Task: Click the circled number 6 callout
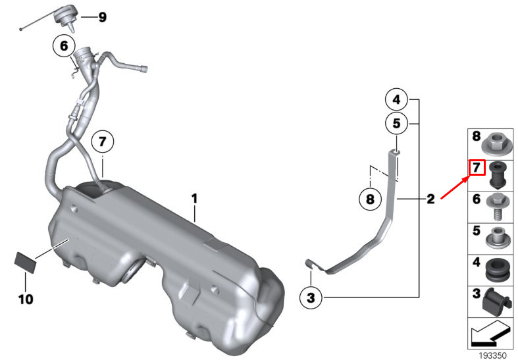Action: (x=64, y=46)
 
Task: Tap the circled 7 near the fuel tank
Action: (x=103, y=141)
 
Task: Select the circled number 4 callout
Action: (x=396, y=99)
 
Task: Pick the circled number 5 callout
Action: (x=396, y=124)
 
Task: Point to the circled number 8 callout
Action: (x=371, y=199)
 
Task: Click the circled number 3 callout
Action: (x=311, y=298)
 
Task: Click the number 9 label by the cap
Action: (x=103, y=17)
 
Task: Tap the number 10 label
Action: (x=26, y=299)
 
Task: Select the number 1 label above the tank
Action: (x=195, y=199)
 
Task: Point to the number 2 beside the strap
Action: (x=430, y=199)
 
